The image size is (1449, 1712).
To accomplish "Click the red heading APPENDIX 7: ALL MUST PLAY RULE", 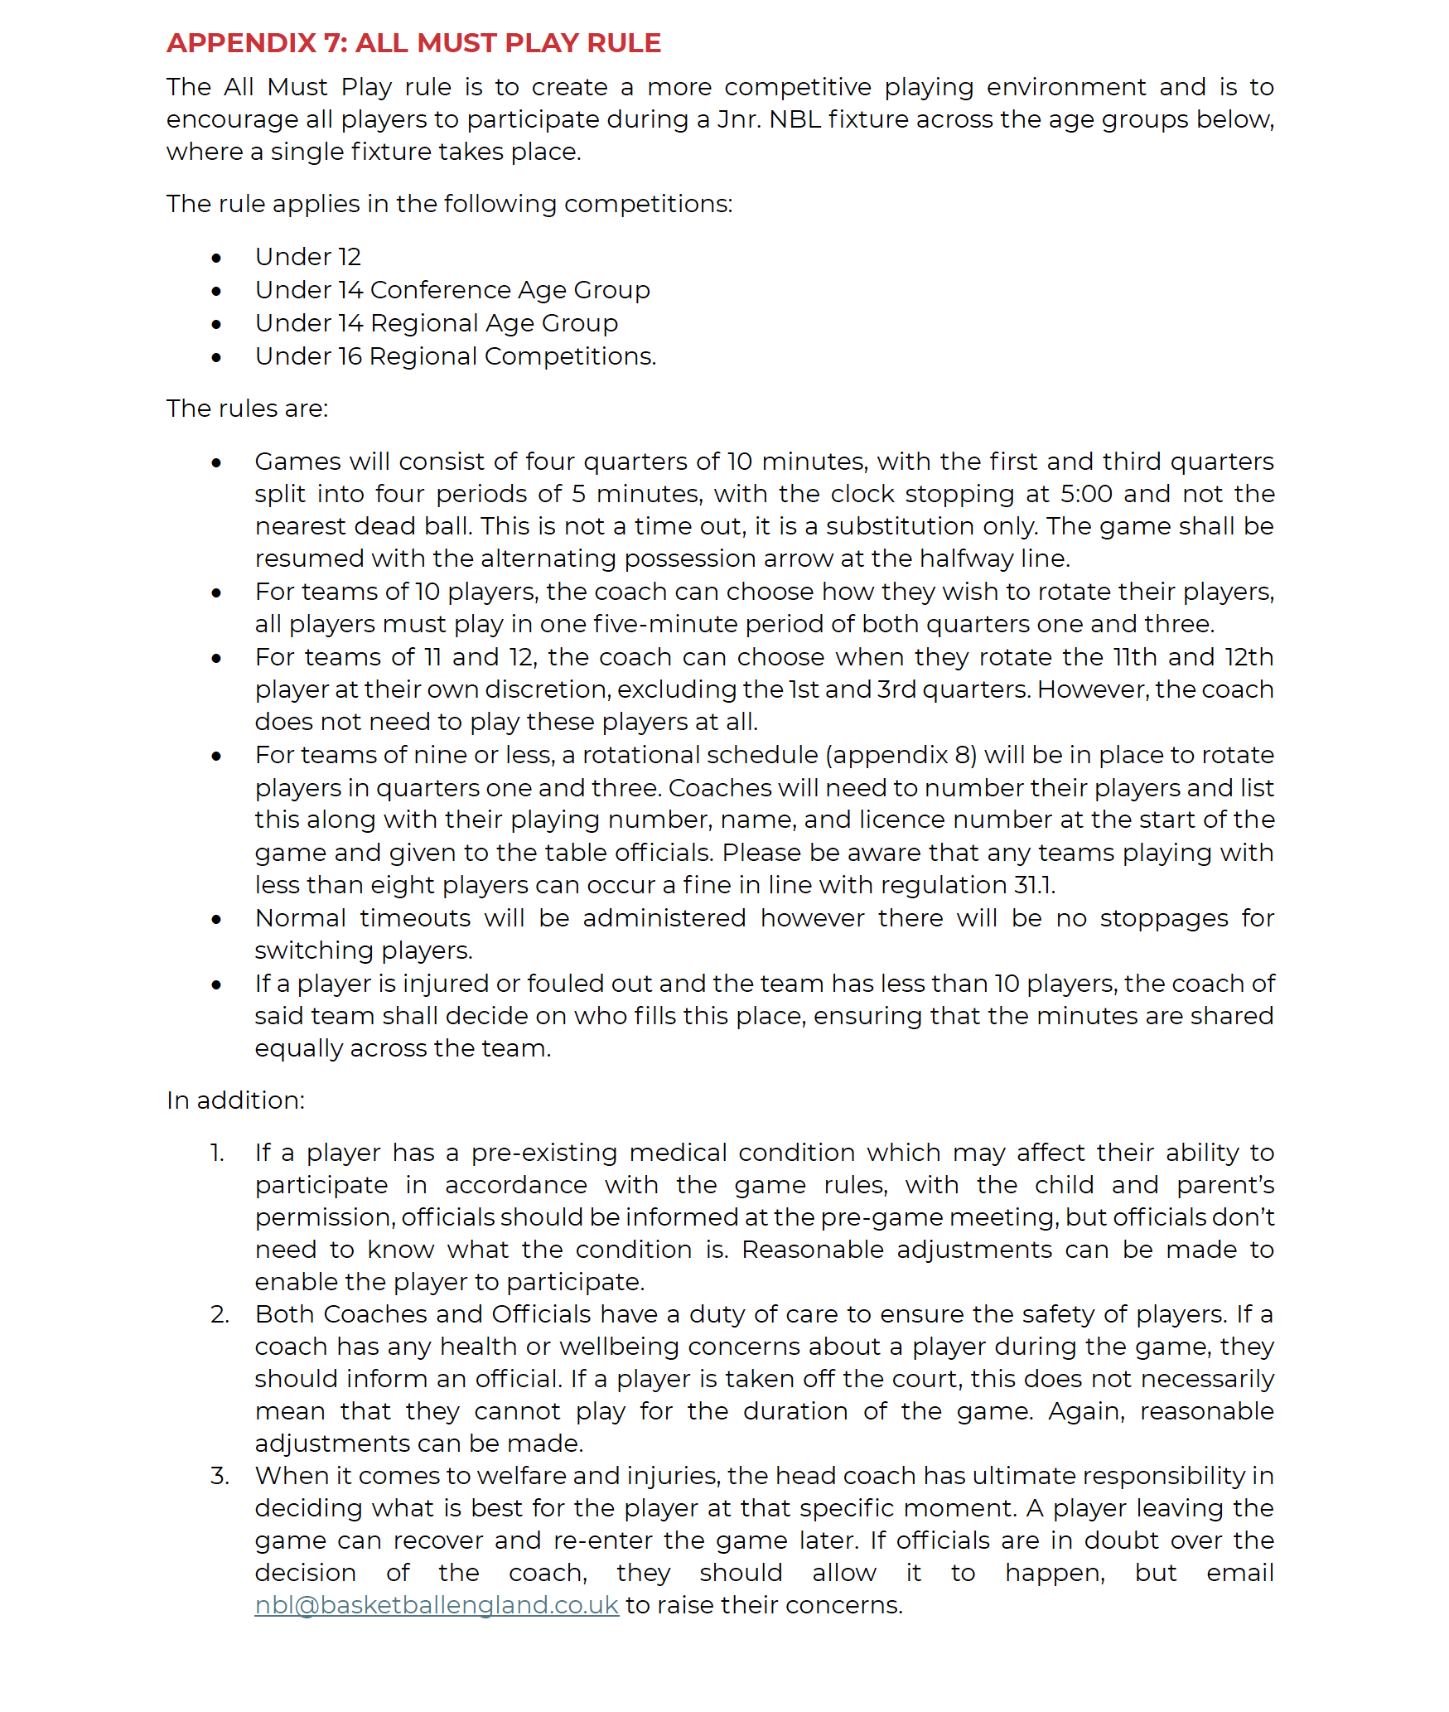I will (x=413, y=43).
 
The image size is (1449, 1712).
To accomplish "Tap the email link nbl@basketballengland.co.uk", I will (x=437, y=1605).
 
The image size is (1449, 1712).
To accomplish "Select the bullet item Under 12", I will (x=308, y=257).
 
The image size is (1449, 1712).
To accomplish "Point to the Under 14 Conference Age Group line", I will (x=452, y=290).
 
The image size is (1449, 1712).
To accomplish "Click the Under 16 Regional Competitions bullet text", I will (x=455, y=356).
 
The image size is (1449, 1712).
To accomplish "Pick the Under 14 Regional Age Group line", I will (x=437, y=323).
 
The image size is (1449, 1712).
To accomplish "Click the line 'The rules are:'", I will (x=247, y=409).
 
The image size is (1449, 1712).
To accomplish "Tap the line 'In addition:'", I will (x=235, y=1100).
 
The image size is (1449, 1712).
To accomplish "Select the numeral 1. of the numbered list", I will (x=217, y=1153).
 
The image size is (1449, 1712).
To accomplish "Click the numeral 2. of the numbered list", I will (x=220, y=1314).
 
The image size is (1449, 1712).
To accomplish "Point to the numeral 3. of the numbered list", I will (x=220, y=1476).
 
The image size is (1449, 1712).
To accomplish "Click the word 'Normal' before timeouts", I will (x=300, y=918).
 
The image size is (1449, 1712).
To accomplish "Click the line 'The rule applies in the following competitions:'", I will (x=449, y=204).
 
